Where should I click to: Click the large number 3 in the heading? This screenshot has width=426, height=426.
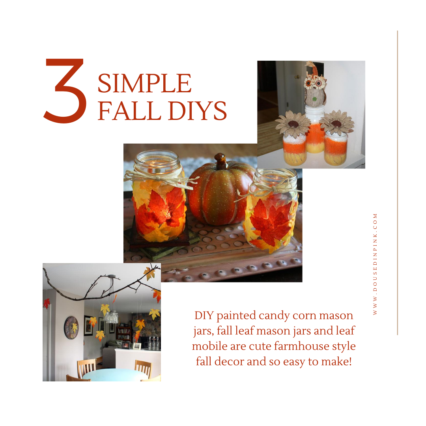[65, 91]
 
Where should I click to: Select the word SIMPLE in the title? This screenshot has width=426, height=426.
[144, 83]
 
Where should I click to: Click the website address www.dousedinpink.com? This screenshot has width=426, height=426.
[375, 264]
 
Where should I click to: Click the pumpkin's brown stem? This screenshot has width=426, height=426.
[220, 161]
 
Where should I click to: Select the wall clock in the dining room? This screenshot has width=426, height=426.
[71, 328]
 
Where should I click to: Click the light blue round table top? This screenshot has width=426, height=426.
[114, 375]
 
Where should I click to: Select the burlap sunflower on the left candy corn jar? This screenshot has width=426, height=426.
[293, 124]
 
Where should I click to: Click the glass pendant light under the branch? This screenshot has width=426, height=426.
[112, 316]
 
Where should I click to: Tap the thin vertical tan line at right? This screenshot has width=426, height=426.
[398, 183]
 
